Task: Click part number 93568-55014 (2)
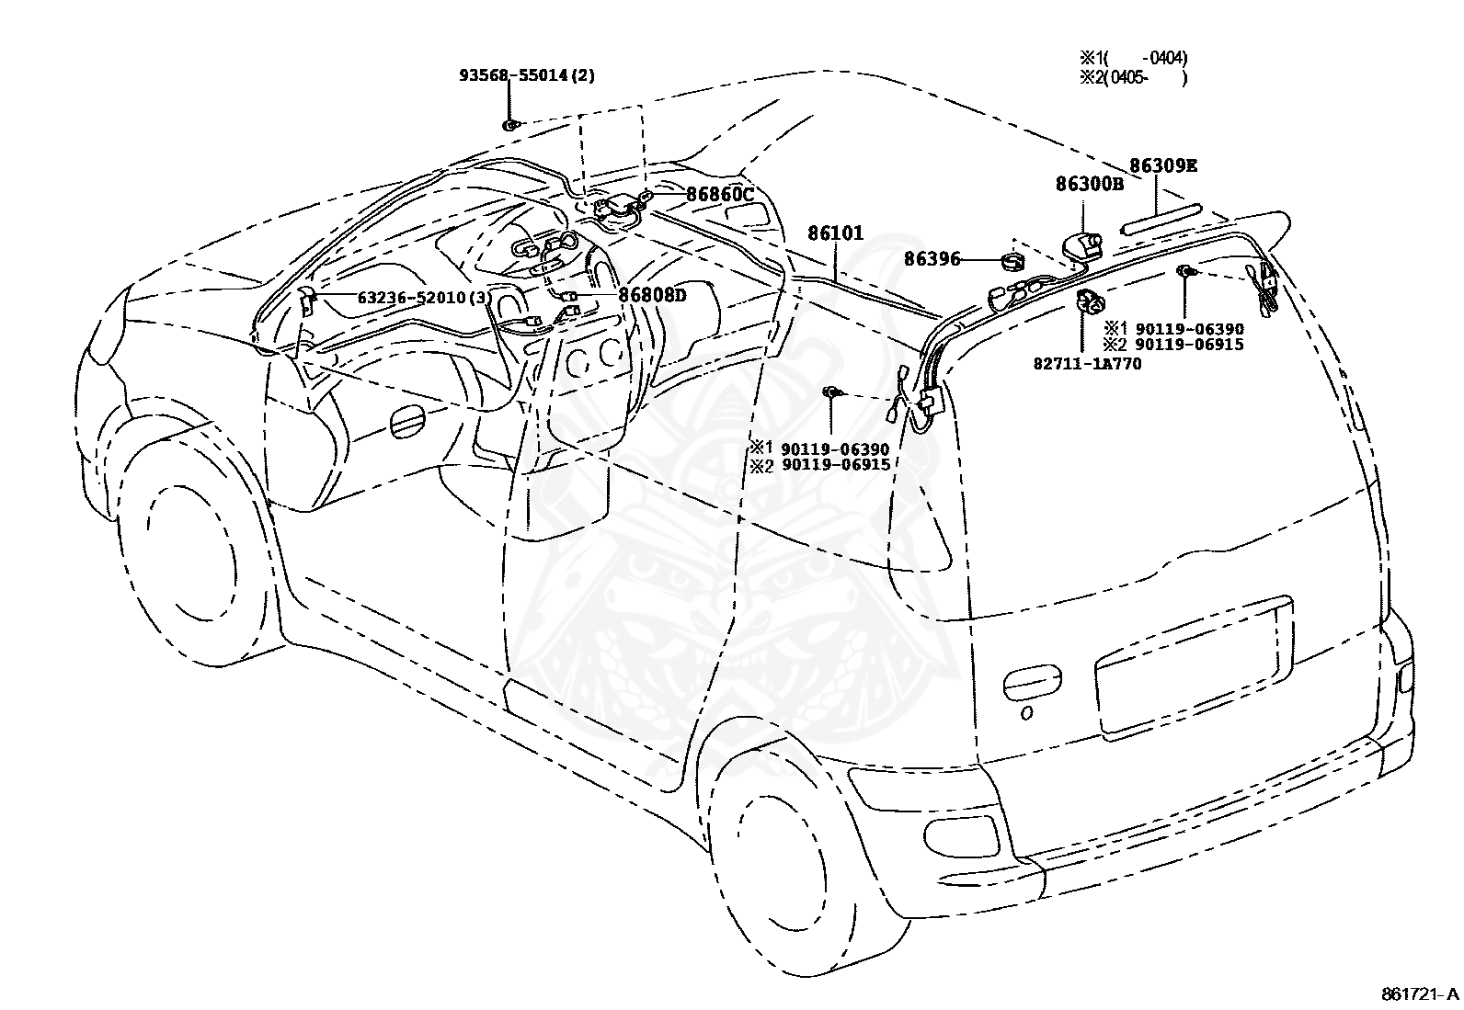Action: (x=527, y=75)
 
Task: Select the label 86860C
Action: (x=719, y=194)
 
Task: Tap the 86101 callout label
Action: (x=835, y=233)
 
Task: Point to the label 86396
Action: (x=932, y=259)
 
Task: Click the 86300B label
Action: (x=1090, y=184)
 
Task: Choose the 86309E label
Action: (x=1163, y=166)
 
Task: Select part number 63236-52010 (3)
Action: (x=424, y=298)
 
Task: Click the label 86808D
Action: (x=652, y=295)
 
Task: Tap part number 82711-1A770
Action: (x=1088, y=364)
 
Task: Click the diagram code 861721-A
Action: (x=1419, y=994)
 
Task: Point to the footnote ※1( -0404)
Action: (x=1133, y=58)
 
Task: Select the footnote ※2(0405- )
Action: (x=1133, y=78)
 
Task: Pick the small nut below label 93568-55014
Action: (x=510, y=124)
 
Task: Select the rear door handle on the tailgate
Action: (x=1032, y=683)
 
